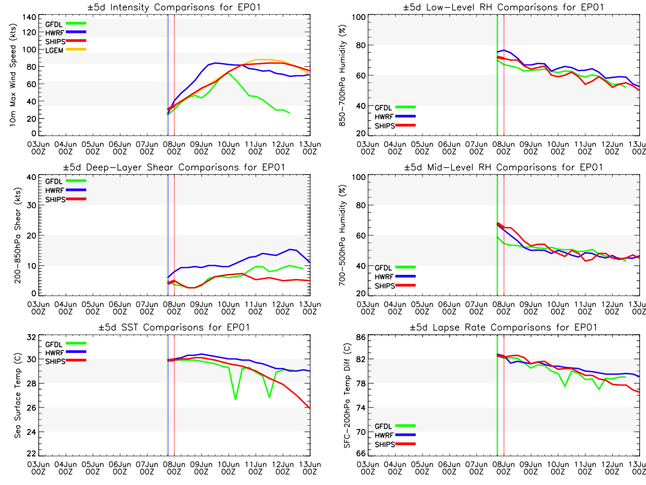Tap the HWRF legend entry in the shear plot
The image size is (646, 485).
[x=54, y=190]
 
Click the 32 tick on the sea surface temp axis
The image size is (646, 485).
[x=31, y=337]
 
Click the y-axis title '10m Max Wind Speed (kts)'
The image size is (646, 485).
[x=12, y=75]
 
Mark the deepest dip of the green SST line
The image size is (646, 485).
[x=235, y=399]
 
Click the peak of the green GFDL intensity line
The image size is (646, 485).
[x=228, y=72]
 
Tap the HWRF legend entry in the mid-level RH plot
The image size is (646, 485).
[x=384, y=276]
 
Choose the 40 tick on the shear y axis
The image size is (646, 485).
[x=31, y=177]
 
